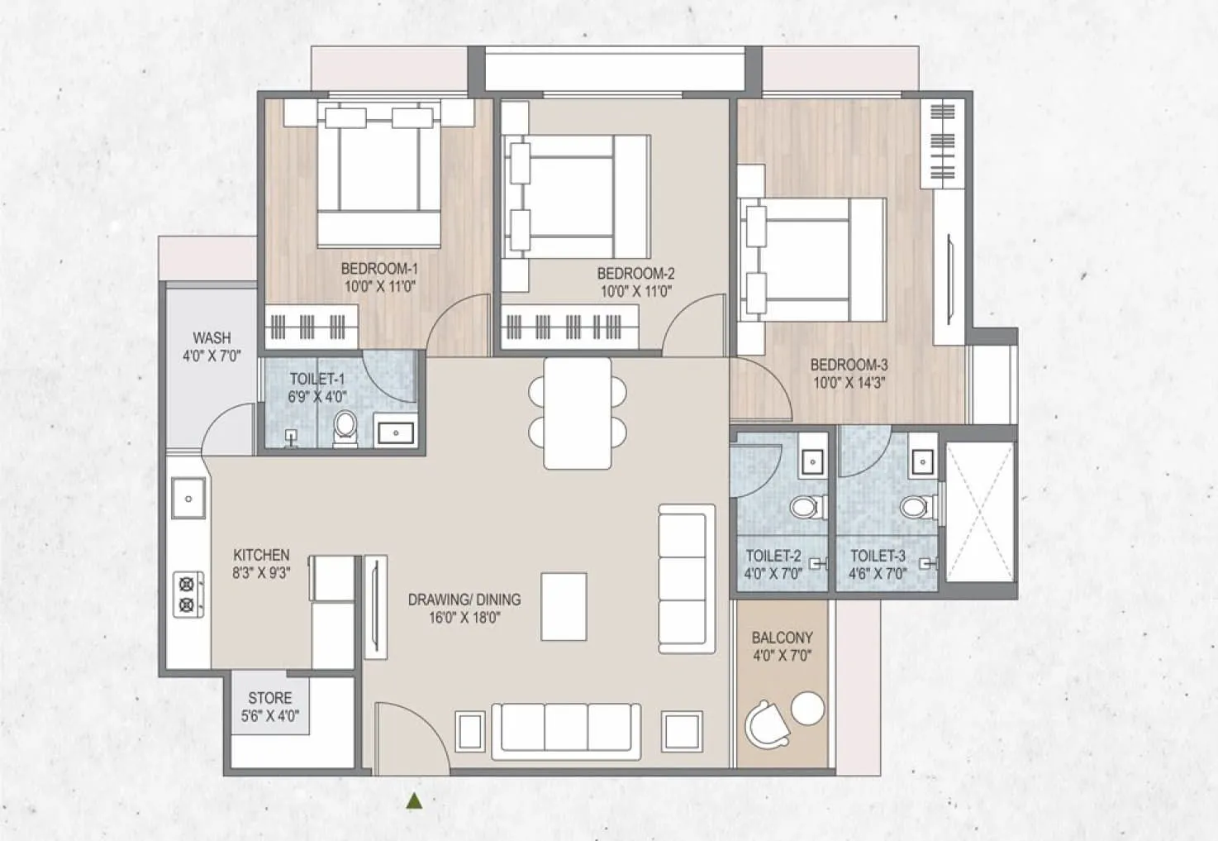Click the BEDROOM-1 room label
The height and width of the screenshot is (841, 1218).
(x=379, y=269)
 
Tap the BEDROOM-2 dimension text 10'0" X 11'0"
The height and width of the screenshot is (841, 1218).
(x=636, y=292)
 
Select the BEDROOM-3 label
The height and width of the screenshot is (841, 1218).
(x=849, y=365)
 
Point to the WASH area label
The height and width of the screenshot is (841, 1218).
(x=212, y=338)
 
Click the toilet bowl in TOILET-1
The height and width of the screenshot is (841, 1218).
(x=345, y=428)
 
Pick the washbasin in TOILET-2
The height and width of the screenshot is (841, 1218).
(x=812, y=462)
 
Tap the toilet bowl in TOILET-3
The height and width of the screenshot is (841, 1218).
(x=918, y=508)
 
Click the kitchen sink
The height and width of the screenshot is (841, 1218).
(x=188, y=499)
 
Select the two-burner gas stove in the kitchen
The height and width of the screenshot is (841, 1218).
(x=188, y=595)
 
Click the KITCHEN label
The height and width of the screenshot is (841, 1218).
(x=262, y=555)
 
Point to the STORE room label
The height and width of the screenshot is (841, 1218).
(x=270, y=698)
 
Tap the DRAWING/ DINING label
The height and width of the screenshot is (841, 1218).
(x=464, y=600)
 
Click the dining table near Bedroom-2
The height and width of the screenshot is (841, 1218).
(x=578, y=413)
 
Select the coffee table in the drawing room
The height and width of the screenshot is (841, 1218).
(x=564, y=606)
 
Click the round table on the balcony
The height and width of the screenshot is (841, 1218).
(x=808, y=708)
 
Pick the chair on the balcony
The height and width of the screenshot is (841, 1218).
(x=767, y=724)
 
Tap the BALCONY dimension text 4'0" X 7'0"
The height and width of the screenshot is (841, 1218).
(x=783, y=656)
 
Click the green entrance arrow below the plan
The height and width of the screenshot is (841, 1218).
(x=415, y=800)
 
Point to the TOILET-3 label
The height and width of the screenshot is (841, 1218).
(x=878, y=556)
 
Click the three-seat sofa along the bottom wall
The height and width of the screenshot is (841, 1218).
(x=566, y=732)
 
